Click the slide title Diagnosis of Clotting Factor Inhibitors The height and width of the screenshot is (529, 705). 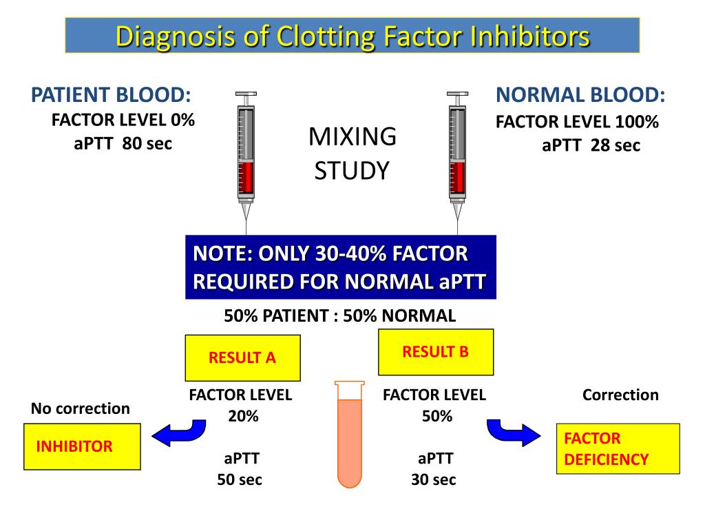click(352, 36)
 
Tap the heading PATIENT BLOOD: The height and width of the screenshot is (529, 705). click(111, 95)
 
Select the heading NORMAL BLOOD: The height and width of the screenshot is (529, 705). click(580, 95)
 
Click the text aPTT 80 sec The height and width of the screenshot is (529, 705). click(123, 143)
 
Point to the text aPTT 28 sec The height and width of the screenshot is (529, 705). click(591, 145)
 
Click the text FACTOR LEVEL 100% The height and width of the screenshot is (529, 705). click(577, 123)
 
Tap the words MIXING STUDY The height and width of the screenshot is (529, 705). click(352, 153)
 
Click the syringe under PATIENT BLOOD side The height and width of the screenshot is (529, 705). click(246, 155)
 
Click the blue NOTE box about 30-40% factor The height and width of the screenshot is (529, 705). click(340, 267)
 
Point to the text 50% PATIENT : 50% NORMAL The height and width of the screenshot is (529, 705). click(339, 316)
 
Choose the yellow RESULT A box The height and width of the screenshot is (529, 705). click(242, 357)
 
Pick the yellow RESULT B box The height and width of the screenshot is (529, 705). click(435, 352)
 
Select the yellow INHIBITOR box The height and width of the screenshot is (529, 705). click(82, 446)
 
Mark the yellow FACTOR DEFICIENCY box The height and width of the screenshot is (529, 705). click(618, 448)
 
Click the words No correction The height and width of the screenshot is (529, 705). click(80, 408)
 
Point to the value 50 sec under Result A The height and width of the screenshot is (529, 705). click(240, 479)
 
